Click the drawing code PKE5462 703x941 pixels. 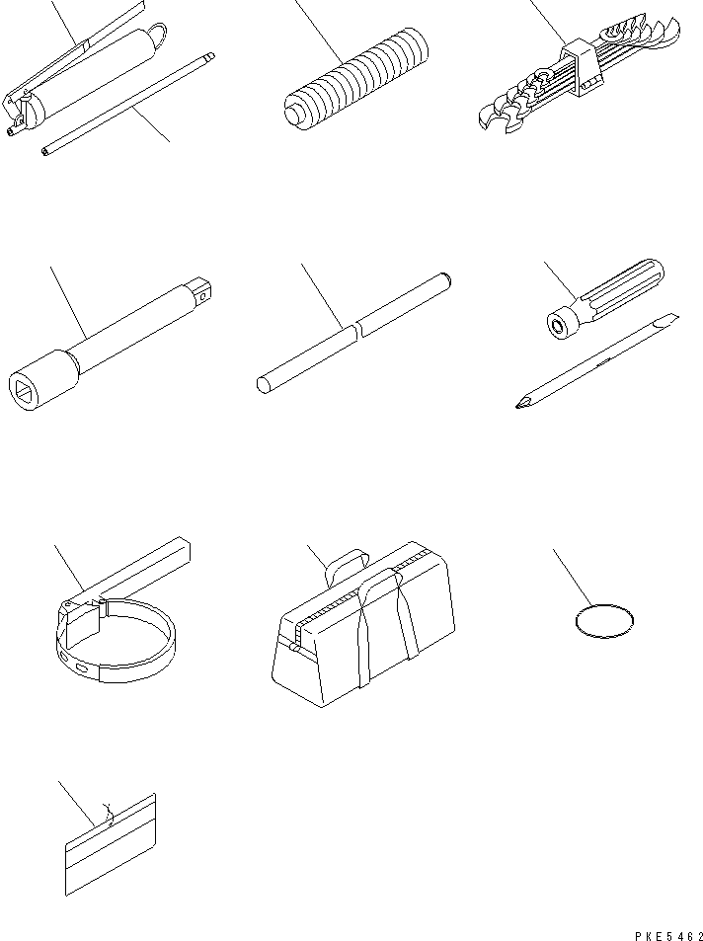click(668, 935)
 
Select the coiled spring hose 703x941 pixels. click(356, 79)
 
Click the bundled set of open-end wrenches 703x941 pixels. click(580, 75)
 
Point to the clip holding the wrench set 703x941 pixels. click(581, 68)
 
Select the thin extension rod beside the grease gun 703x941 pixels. click(128, 105)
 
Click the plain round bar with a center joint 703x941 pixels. click(353, 333)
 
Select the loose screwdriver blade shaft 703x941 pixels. click(596, 360)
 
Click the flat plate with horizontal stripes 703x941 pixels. click(110, 844)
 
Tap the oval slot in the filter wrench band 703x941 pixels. click(82, 667)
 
